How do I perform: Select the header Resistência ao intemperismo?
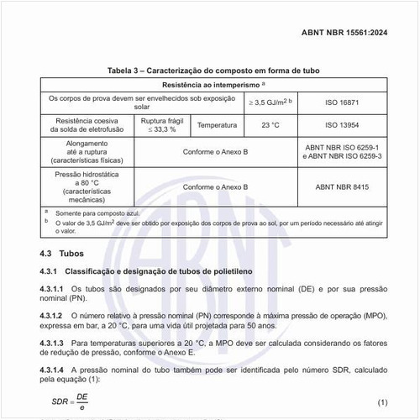click(x=213, y=86)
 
